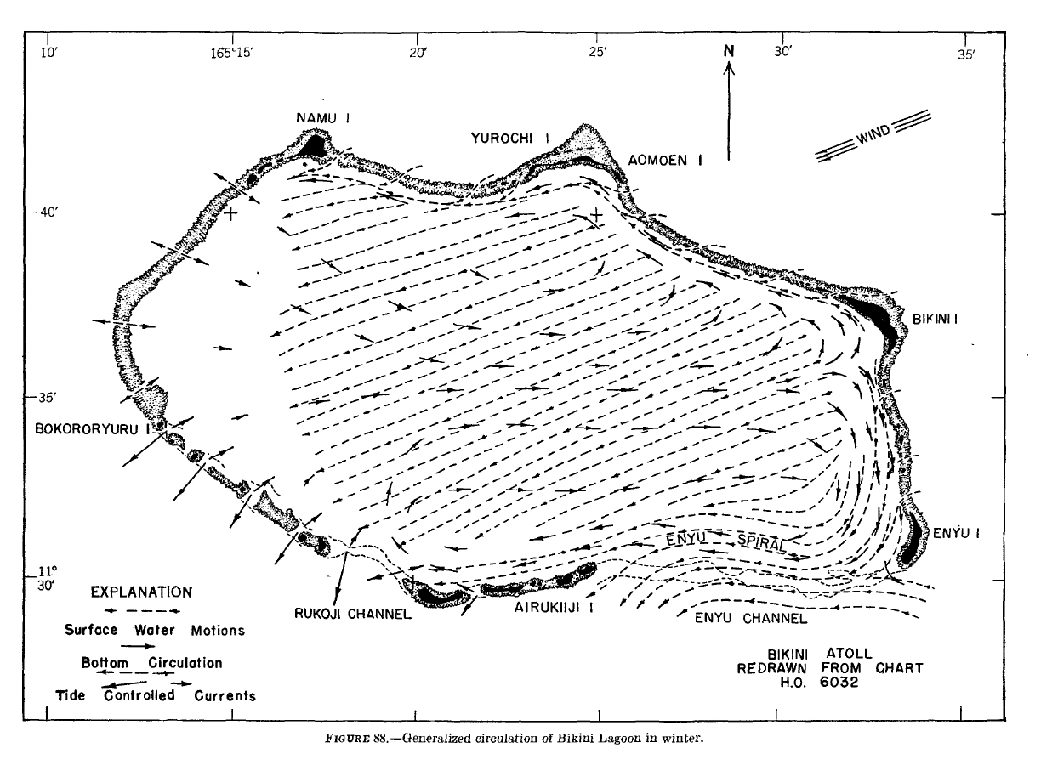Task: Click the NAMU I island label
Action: tap(322, 118)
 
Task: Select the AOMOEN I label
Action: tap(665, 161)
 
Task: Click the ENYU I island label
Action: tap(956, 533)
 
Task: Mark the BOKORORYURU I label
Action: tap(93, 429)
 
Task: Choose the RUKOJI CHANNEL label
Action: tap(353, 614)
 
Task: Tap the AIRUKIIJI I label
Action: tap(553, 608)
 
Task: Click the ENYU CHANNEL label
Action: tap(751, 618)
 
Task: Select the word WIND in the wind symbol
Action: tap(873, 135)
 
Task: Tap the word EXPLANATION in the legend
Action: tap(141, 592)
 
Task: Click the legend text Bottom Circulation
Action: tap(151, 663)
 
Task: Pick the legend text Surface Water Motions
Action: tap(154, 630)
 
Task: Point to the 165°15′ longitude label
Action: tap(232, 53)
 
